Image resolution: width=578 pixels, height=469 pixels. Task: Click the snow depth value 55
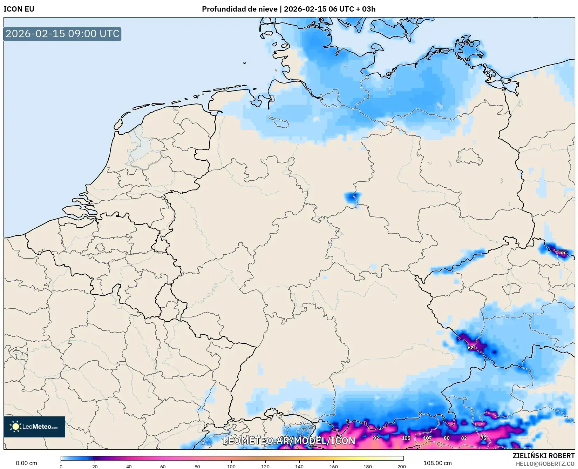coord(562,253)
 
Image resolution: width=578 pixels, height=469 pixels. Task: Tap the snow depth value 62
coord(471,348)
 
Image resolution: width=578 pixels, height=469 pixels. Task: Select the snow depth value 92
coord(376,438)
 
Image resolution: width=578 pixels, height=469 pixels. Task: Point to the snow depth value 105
coord(406,438)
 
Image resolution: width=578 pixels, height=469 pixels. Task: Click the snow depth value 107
coord(427,438)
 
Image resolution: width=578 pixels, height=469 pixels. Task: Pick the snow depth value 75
coord(483,438)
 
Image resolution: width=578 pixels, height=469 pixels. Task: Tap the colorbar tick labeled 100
coord(231,467)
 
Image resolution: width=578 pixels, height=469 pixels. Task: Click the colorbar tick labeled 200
coord(402,467)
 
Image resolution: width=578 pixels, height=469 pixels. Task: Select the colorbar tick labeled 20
coord(95,467)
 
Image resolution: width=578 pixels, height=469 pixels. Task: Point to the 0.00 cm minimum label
coord(26,463)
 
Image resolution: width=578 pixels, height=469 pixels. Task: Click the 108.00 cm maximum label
coord(437,463)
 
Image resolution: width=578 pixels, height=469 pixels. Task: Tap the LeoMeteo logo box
coord(34,427)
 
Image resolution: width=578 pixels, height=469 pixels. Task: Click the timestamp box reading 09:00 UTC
coord(62,34)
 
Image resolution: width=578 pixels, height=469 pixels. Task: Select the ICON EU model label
coord(19,9)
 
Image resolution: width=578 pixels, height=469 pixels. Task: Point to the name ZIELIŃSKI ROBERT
coord(544,456)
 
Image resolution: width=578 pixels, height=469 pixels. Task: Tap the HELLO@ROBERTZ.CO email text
coord(545,464)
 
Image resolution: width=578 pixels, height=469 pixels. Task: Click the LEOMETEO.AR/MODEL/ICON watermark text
coord(289,441)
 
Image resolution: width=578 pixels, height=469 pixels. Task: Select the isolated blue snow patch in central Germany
coord(352,198)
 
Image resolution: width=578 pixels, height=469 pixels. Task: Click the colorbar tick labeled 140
coord(299,467)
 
